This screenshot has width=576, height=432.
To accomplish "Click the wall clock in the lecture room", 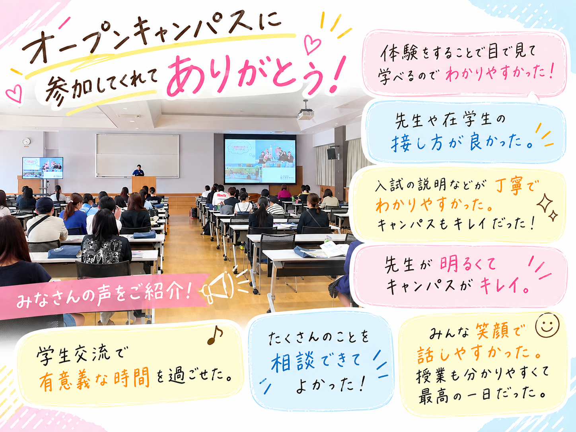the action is point(26,142).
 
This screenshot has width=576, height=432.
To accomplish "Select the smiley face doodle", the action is point(547,325).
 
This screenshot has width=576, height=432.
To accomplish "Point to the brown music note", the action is point(215,335).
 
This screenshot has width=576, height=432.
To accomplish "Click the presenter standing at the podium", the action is point(138,170).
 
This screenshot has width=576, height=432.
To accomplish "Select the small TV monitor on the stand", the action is point(43,168).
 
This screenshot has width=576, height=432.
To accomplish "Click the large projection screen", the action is point(260,159).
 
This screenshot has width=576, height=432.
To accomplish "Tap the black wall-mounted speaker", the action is point(332,154).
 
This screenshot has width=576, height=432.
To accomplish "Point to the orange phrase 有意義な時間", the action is point(94,378).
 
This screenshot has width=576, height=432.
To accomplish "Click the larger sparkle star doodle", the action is point(545,203).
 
